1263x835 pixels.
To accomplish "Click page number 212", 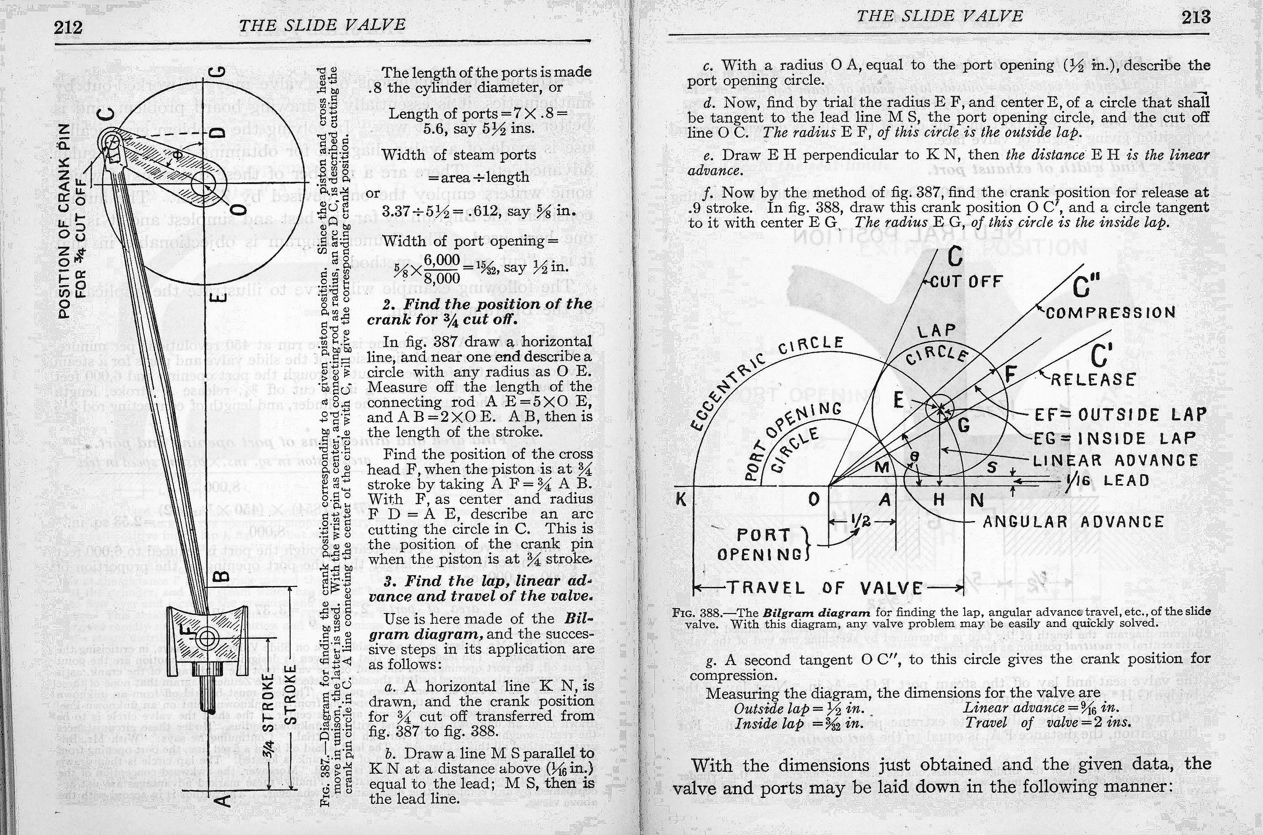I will (68, 27).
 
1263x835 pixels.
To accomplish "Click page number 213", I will (1196, 17).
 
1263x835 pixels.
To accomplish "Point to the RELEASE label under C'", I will (1093, 380).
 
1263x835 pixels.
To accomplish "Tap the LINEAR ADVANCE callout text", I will (1115, 460).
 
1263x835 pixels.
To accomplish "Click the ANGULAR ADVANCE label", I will (1073, 521).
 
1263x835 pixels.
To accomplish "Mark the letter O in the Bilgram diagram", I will (814, 499).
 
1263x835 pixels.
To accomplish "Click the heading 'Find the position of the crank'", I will (479, 312).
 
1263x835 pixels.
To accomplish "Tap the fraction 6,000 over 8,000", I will (442, 269).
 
